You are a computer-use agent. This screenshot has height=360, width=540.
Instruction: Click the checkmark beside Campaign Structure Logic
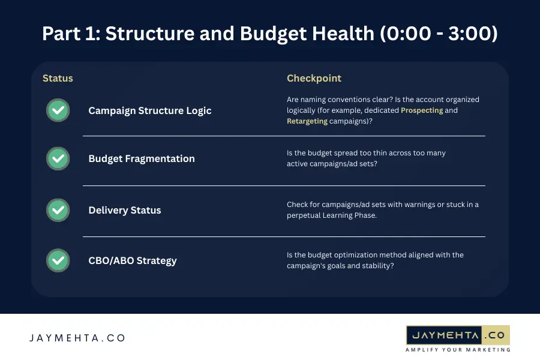point(58,110)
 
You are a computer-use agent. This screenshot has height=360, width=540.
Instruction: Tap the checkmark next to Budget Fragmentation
point(58,158)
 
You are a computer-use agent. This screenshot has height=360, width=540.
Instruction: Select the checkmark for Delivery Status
point(58,210)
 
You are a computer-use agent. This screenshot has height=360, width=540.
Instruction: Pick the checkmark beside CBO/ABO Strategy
point(58,260)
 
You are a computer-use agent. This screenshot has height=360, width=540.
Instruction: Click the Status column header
point(58,79)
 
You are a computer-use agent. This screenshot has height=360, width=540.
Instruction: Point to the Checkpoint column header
point(314,79)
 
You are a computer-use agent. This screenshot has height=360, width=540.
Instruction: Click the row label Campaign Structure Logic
point(149,110)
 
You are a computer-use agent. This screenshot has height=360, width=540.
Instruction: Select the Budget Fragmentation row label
point(141,158)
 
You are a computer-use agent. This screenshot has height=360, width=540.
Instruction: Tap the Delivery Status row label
point(124,210)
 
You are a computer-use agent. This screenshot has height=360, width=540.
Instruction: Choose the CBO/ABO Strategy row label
point(132,260)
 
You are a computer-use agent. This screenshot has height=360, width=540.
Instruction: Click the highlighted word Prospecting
point(422,110)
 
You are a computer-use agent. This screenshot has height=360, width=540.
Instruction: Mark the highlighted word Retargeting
point(307,121)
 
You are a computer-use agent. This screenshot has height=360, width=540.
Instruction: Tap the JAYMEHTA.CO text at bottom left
point(77,338)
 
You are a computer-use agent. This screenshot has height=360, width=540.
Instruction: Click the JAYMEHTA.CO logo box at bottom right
point(458,334)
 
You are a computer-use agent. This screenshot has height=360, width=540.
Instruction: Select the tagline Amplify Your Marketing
point(458,349)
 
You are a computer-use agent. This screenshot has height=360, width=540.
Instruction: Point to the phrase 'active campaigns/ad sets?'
point(332,163)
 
